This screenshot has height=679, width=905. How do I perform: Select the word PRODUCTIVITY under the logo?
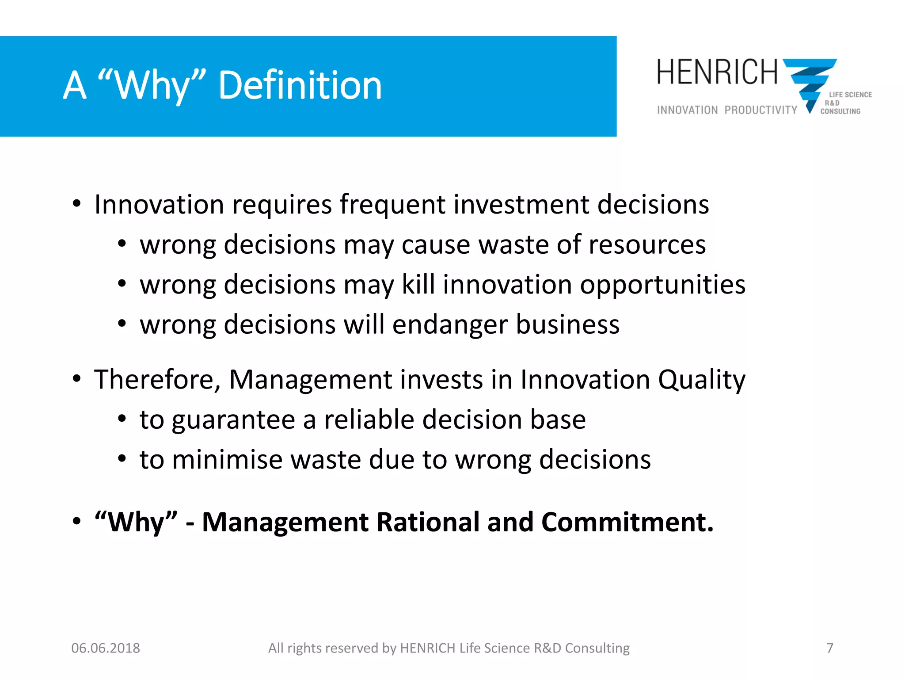point(761,110)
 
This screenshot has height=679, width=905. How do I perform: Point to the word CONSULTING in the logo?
point(840,111)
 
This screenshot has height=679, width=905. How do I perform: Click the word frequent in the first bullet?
point(392,205)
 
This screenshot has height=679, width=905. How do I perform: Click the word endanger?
point(450,325)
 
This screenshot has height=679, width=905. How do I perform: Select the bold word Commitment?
point(627,522)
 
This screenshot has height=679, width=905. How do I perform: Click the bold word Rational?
point(428,522)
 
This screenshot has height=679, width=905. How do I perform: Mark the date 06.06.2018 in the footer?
point(106,648)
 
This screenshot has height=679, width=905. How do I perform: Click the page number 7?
point(829,648)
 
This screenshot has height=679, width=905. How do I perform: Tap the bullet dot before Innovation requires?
point(77,204)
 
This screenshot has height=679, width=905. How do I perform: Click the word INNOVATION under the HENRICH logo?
point(687,110)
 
